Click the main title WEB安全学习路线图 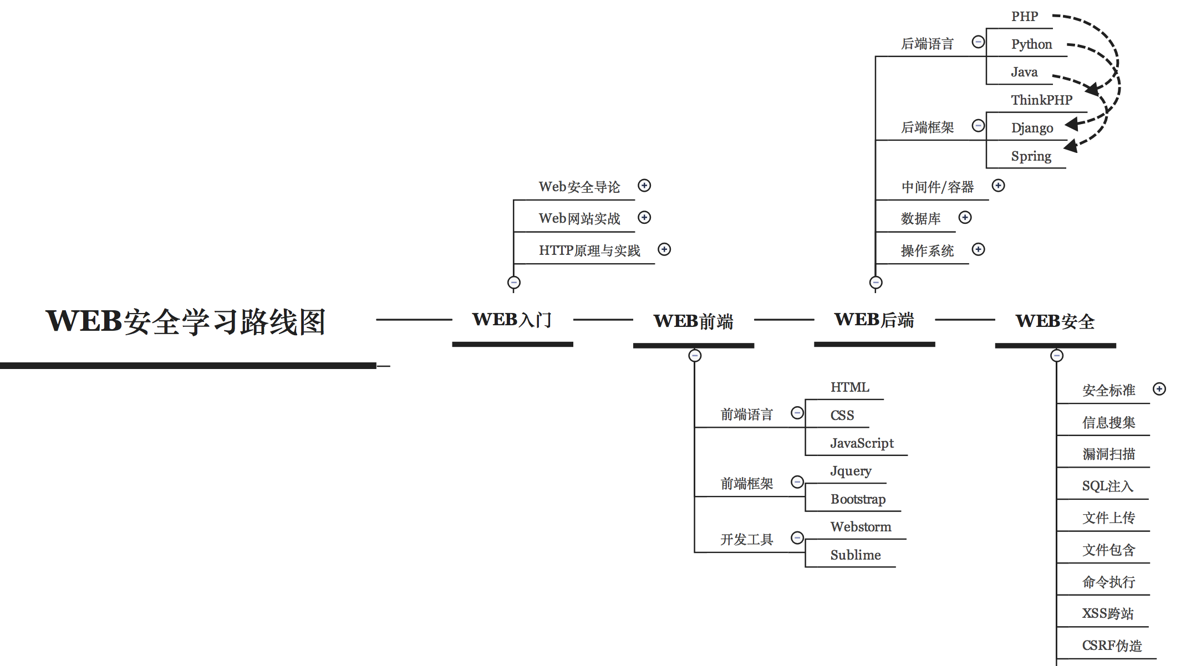tap(185, 321)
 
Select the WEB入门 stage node tap(512, 320)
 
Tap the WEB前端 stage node tap(693, 321)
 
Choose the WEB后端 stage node tap(874, 320)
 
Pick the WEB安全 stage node tap(1055, 321)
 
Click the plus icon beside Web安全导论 tap(644, 185)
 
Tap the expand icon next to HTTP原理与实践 tap(664, 249)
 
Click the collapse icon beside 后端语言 tap(979, 42)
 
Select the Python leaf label tap(1031, 44)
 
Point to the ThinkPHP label tap(1041, 100)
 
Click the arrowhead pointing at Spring tap(1071, 146)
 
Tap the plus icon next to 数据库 tap(965, 217)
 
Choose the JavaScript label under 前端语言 tap(862, 443)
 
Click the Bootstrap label tap(858, 499)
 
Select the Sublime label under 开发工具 tap(856, 555)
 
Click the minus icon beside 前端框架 tap(797, 482)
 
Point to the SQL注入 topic tap(1107, 486)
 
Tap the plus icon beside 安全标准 tap(1159, 389)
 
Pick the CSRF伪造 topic tap(1112, 645)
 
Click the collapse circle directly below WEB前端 tap(695, 356)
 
